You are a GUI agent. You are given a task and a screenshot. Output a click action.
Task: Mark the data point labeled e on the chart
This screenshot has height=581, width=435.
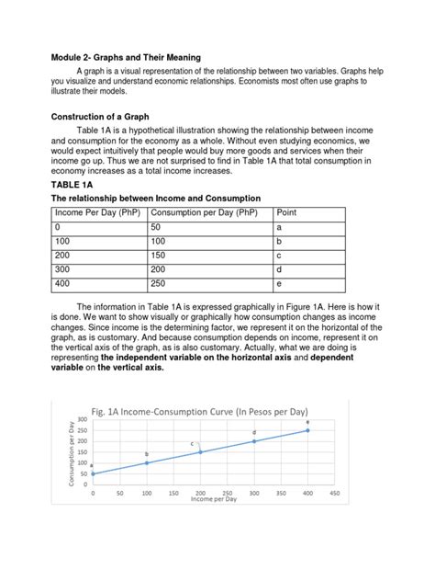(308, 430)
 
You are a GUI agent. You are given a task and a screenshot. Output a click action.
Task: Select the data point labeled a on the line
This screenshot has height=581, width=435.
(93, 473)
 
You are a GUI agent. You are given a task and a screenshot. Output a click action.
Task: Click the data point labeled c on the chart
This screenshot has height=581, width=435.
(200, 451)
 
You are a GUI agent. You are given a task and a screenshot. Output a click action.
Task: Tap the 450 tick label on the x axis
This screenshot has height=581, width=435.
(335, 494)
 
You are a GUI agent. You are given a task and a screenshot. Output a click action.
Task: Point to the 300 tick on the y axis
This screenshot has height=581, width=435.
(81, 420)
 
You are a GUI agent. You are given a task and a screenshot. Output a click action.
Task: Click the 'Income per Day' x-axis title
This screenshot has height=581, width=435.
(213, 499)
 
